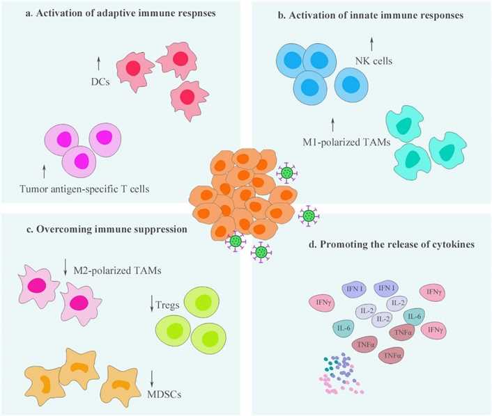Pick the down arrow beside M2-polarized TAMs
tap(64, 265)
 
